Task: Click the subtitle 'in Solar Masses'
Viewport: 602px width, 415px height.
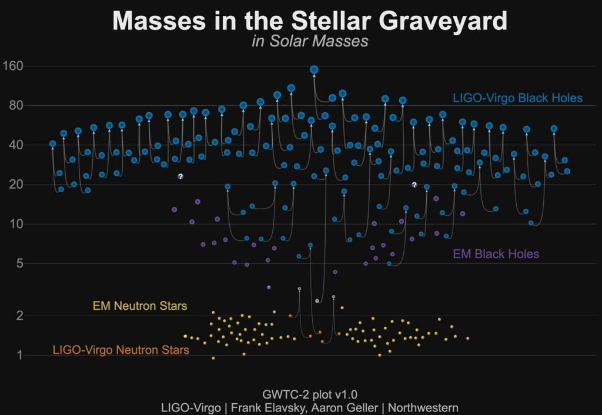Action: (x=309, y=41)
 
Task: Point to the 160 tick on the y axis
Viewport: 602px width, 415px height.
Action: (x=12, y=66)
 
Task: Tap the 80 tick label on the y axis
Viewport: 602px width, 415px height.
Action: (x=15, y=106)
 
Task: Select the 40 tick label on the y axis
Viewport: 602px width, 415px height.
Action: (x=15, y=145)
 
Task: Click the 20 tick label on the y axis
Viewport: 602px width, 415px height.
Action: (x=15, y=185)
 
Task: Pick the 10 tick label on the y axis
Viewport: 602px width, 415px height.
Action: (x=16, y=224)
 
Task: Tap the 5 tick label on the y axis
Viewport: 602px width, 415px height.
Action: (x=19, y=263)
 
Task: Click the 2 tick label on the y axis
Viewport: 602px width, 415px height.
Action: (x=19, y=316)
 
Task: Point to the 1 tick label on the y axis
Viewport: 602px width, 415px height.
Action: (x=19, y=355)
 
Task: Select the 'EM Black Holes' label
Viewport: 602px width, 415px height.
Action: (x=496, y=255)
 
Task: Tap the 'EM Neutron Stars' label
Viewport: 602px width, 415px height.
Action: (x=140, y=306)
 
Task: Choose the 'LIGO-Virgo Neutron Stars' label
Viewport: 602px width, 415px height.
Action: (x=121, y=350)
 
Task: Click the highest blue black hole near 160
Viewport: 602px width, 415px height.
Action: (x=314, y=69)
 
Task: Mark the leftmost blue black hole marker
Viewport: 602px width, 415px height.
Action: (x=53, y=143)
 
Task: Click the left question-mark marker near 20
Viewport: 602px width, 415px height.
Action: (x=180, y=176)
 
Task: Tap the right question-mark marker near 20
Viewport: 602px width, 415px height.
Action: (x=414, y=185)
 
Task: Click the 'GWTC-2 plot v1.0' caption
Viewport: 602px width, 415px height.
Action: (x=309, y=394)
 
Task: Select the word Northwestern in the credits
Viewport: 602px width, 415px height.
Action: (x=423, y=407)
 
